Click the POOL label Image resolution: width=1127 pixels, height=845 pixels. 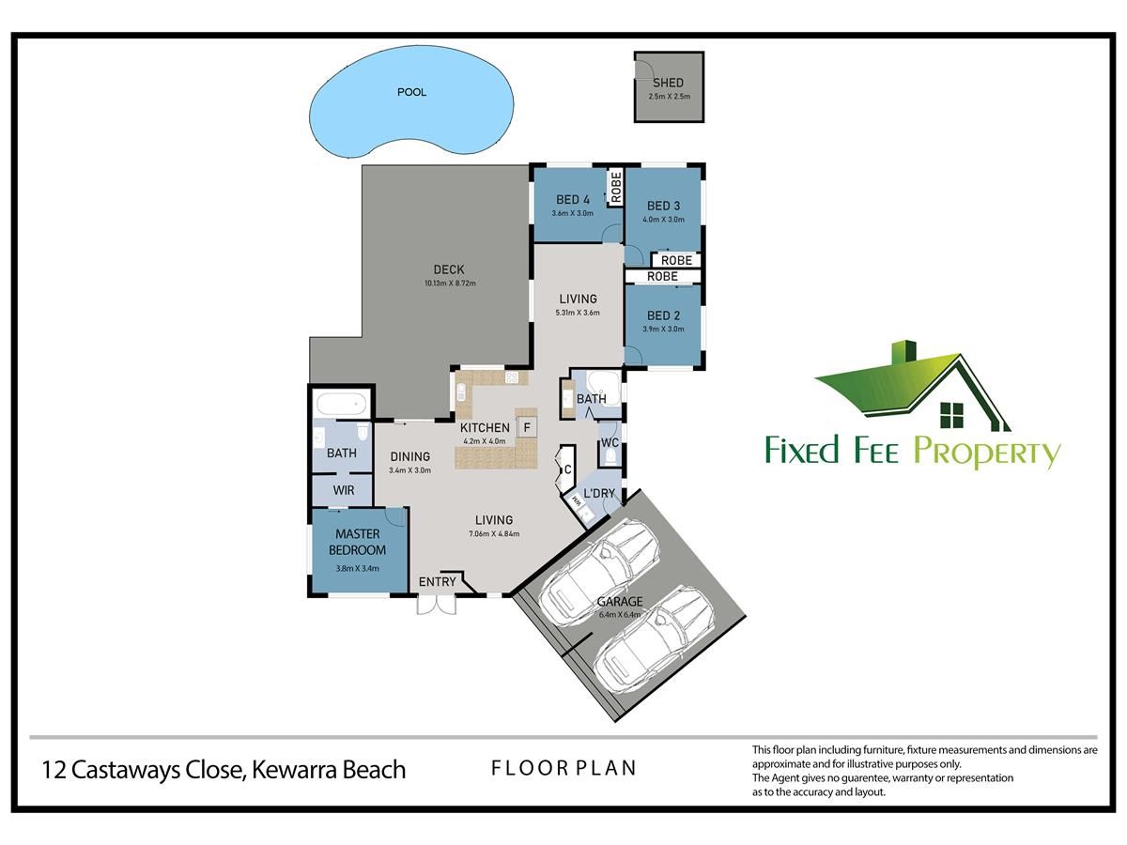[x=411, y=92]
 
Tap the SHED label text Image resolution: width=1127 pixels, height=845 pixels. [x=668, y=83]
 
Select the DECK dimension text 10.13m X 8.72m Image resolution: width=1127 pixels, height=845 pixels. [x=450, y=284]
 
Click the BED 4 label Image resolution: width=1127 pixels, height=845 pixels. [x=573, y=200]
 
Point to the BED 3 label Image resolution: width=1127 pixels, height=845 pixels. [x=663, y=206]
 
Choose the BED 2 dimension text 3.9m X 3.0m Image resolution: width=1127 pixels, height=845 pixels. [x=663, y=329]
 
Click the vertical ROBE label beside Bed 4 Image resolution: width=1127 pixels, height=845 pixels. [x=616, y=187]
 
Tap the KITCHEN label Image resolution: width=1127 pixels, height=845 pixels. [x=485, y=428]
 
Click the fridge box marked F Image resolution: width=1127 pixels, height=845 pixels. [x=527, y=427]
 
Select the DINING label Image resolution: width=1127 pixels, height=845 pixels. [x=409, y=456]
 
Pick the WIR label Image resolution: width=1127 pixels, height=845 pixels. [x=344, y=490]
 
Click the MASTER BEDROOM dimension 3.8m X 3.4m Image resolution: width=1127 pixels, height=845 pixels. [x=358, y=568]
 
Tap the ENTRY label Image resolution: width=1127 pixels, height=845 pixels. [x=437, y=582]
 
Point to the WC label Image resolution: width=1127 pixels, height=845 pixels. [x=610, y=443]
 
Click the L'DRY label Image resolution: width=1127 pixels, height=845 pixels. [x=599, y=494]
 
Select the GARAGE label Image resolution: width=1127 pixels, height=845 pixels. [x=620, y=601]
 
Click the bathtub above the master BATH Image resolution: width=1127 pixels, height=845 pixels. [x=342, y=404]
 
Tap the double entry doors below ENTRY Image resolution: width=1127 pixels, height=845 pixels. [x=437, y=605]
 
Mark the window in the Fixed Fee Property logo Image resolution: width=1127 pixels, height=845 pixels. [x=952, y=415]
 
